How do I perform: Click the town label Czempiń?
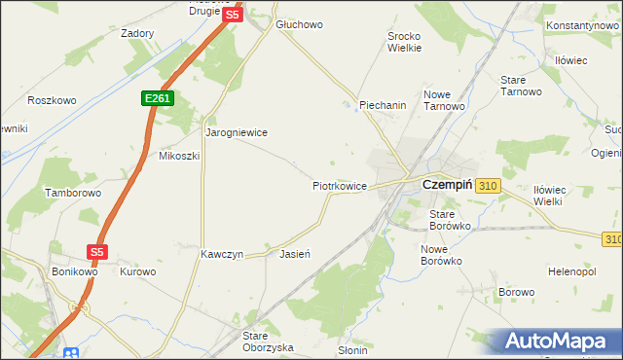coord(447,184)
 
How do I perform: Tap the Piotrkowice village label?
coord(339,184)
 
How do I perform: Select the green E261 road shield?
coord(156,98)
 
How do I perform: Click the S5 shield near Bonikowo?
coord(95,251)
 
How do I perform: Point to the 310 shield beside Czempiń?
coord(489,185)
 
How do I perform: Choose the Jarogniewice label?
coord(236,131)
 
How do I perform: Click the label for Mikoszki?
coord(179,156)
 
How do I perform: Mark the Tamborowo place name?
coord(73,193)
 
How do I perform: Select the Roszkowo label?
coord(52,100)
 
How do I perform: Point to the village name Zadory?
coord(137,33)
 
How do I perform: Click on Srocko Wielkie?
coord(404,40)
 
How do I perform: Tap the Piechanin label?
coord(383,105)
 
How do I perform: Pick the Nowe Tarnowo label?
coord(443,101)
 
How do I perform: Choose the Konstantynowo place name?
coord(583,25)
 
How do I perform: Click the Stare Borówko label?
coord(451,219)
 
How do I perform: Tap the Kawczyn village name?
coord(221,254)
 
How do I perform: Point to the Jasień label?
coord(294,254)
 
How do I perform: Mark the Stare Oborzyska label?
coord(268,341)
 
